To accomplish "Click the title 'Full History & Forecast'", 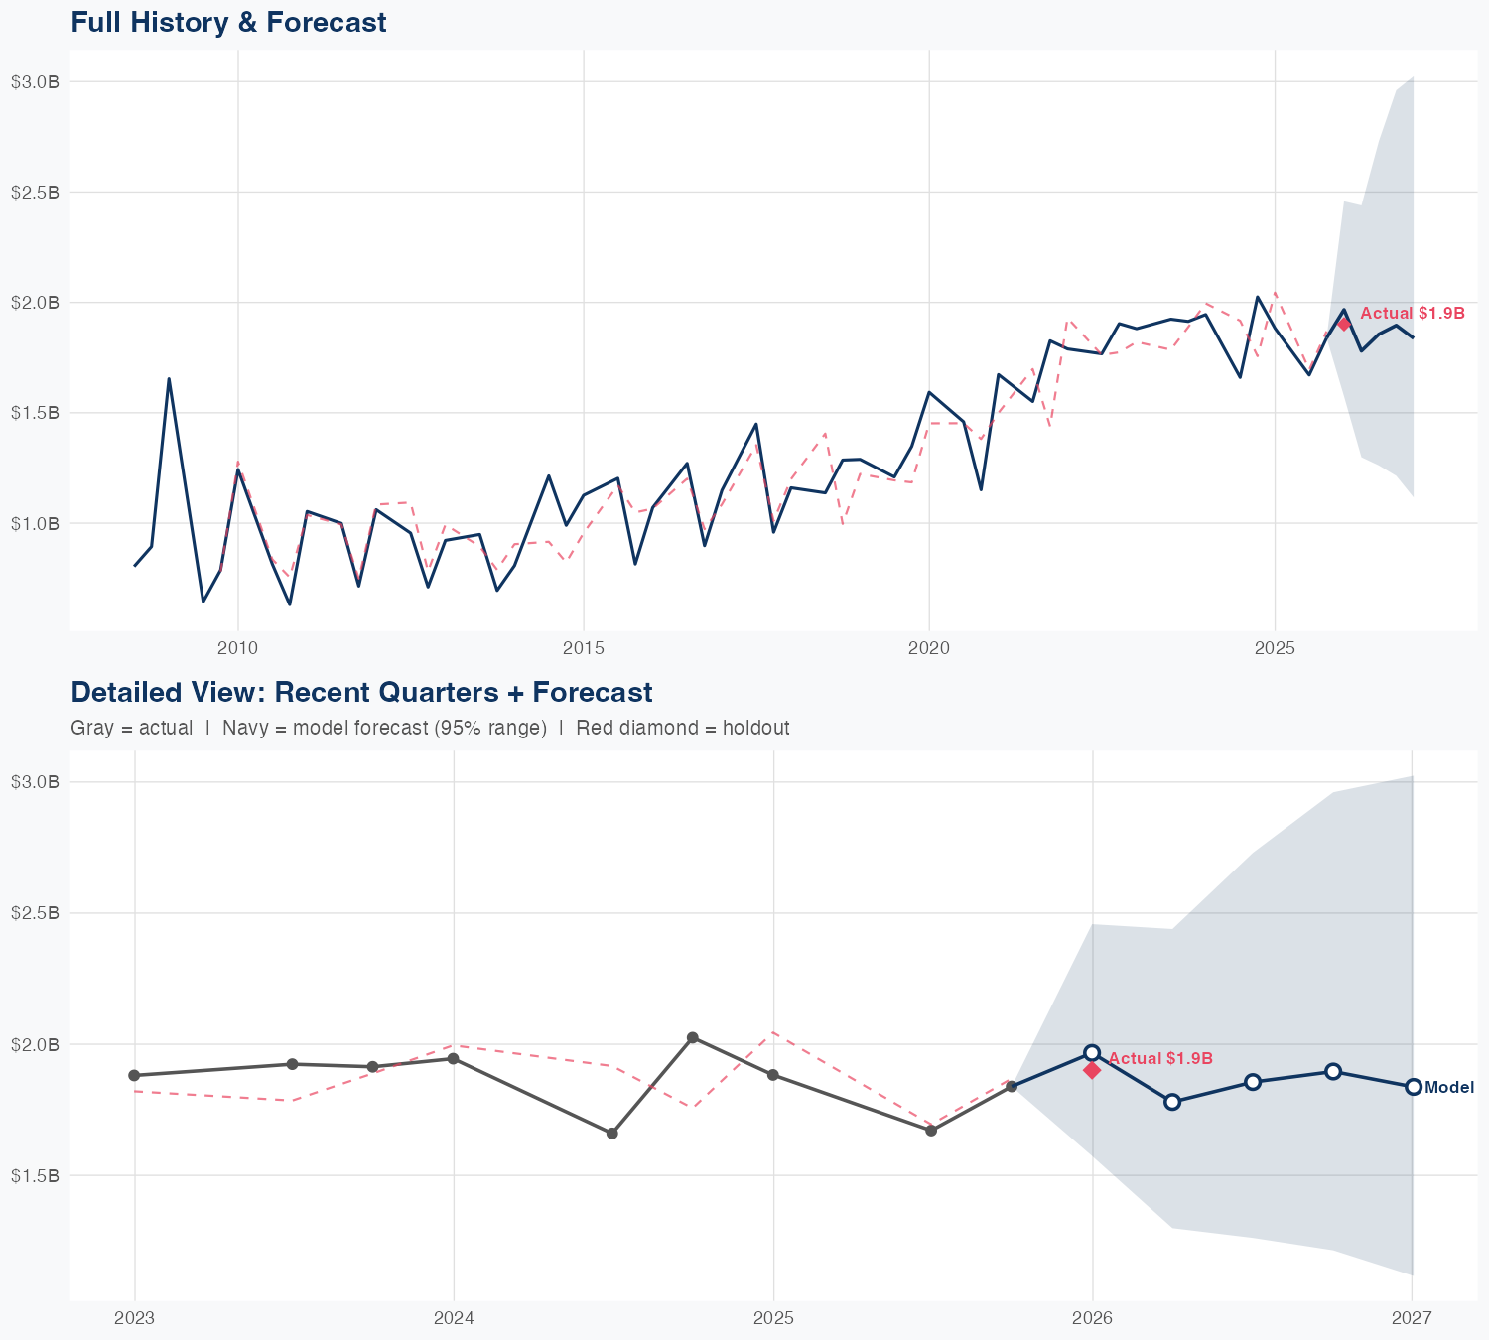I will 228,22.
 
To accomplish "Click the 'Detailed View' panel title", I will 361,692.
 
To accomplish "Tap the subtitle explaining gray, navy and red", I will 430,728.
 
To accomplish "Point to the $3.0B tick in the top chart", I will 35,82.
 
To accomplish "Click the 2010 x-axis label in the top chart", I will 237,648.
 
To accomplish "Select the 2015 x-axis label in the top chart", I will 583,648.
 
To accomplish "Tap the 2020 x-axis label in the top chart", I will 929,648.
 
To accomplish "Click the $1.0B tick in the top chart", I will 35,523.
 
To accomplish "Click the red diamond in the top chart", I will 1344,324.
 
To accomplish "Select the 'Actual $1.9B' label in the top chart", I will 1412,313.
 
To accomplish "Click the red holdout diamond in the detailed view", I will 1092,1070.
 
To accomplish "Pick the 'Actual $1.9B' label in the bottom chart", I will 1160,1058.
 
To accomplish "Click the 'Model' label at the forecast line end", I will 1449,1088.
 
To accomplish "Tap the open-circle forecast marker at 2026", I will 1092,1052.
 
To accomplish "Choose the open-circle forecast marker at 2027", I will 1413,1087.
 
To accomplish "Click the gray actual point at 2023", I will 134,1075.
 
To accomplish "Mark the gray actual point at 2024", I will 454,1058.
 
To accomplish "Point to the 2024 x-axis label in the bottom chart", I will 454,1318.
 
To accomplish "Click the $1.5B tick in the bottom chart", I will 35,1176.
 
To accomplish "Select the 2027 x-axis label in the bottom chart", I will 1412,1318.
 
